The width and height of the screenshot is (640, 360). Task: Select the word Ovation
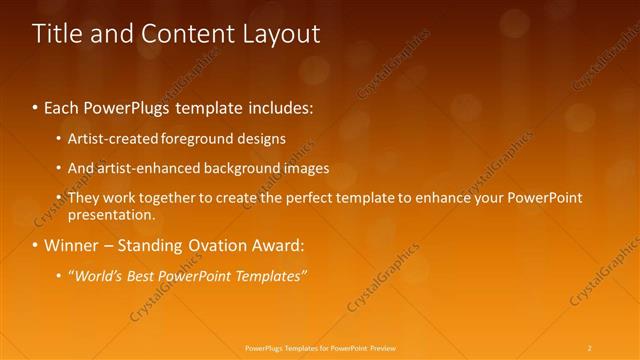(x=209, y=245)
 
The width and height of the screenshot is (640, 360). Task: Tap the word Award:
(x=276, y=245)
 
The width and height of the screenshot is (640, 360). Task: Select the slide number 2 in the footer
(x=589, y=347)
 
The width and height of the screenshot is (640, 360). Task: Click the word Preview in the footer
(x=383, y=347)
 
